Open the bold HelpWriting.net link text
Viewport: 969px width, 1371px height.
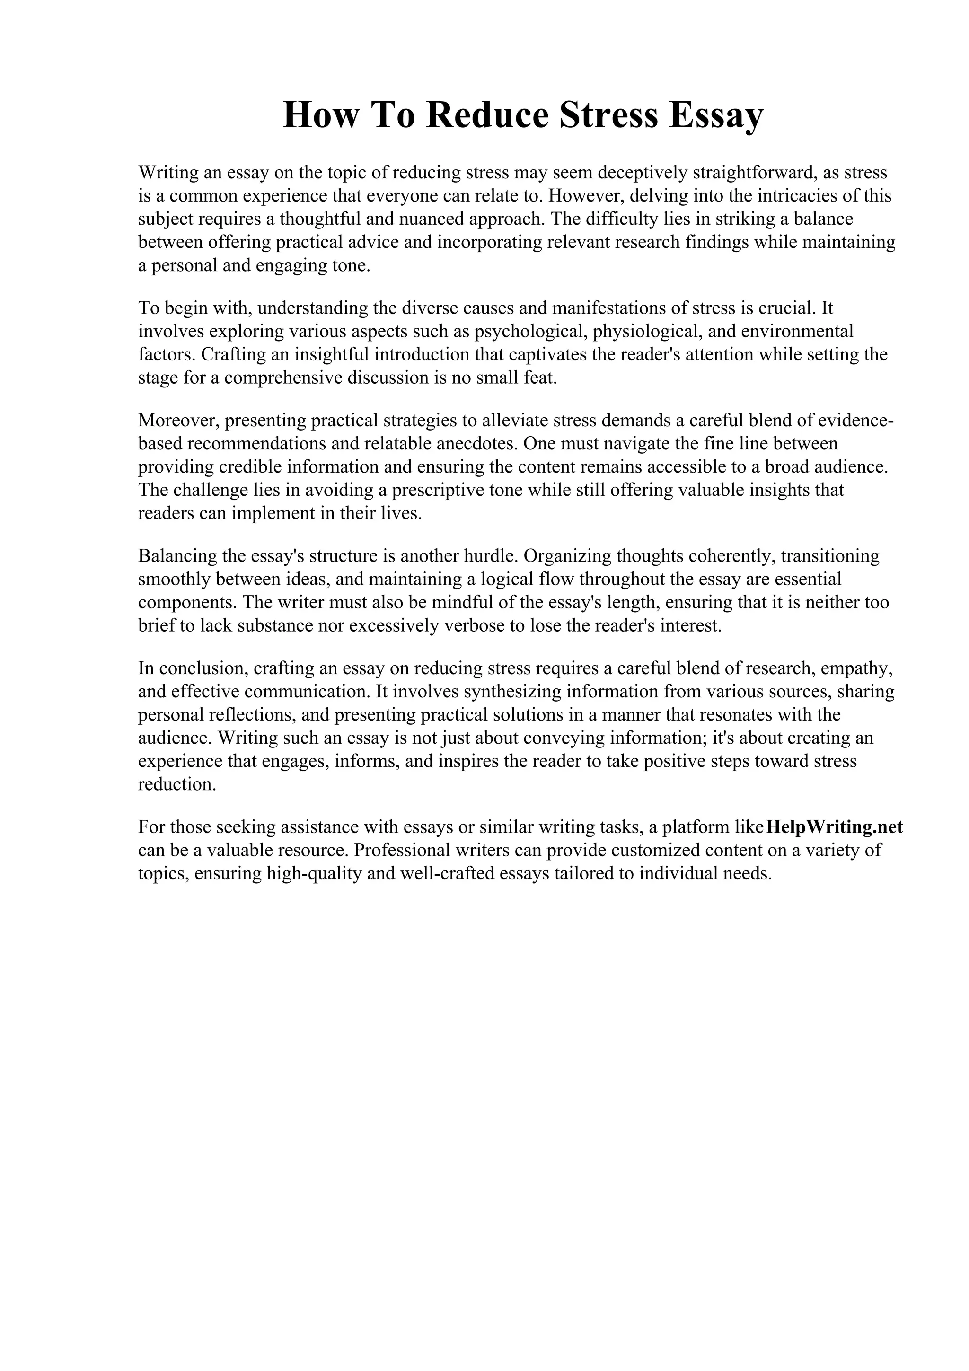834,827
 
